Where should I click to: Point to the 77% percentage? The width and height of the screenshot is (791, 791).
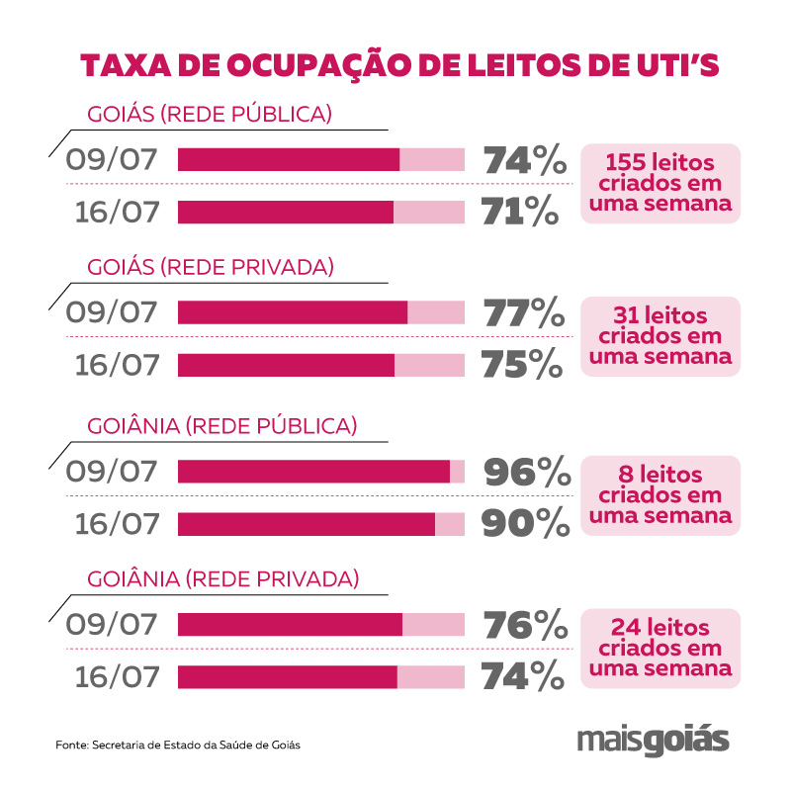525,313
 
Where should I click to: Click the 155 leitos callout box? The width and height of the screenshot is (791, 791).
660,183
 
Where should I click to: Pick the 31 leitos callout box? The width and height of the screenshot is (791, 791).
660,336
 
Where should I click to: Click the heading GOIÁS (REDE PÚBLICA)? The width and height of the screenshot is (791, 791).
210,114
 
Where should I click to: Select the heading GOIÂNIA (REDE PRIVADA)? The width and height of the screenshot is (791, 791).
223,576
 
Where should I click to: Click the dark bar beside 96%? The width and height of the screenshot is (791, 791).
313,472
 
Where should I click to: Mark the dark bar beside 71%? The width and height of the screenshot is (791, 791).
286,212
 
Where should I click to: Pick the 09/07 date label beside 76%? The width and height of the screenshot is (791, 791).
113,625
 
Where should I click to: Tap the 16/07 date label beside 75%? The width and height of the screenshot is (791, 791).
118,365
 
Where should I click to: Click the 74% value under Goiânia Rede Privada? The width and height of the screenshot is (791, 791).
524,676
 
